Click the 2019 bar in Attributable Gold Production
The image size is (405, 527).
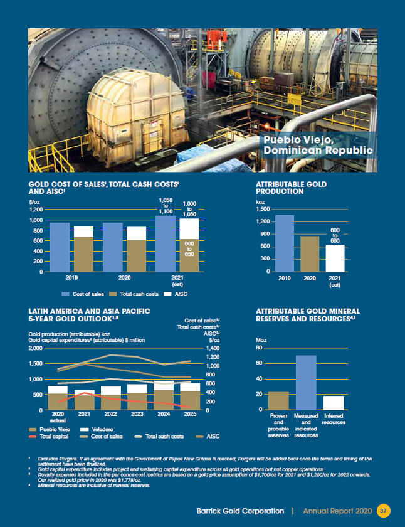285,243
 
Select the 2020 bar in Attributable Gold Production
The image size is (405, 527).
310,253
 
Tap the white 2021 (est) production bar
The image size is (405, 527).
335,258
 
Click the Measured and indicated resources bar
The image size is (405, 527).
307,382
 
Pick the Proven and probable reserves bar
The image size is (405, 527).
278,400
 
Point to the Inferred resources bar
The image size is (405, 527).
334,403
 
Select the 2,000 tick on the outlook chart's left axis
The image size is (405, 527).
36,348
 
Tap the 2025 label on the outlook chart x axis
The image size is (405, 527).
191,415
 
